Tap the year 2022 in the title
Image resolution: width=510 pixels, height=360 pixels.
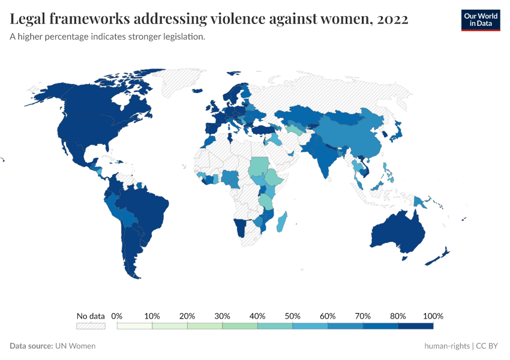click(x=393, y=19)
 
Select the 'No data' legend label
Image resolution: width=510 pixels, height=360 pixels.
click(x=91, y=316)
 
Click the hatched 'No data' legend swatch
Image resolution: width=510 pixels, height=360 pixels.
click(x=91, y=326)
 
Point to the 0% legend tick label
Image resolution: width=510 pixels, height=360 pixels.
click(x=117, y=316)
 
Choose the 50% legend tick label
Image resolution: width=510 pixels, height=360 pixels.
click(x=292, y=316)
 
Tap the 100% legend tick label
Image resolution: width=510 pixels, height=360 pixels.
click(x=433, y=316)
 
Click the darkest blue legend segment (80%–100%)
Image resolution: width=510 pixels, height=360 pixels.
click(x=416, y=326)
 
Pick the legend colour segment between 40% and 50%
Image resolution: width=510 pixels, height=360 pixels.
click(x=275, y=326)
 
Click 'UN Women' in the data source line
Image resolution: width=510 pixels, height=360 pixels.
click(x=75, y=346)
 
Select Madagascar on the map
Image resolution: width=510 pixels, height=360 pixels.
click(x=281, y=222)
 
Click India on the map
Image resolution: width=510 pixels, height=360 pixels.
click(x=324, y=160)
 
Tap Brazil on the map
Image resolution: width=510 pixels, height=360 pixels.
click(x=147, y=208)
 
